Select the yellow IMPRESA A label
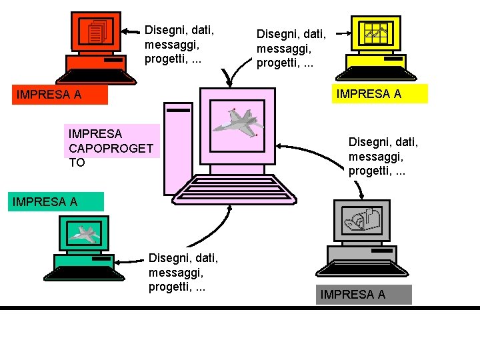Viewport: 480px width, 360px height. pyautogui.click(x=379, y=94)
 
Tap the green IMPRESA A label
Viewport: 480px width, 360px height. pyautogui.click(x=56, y=202)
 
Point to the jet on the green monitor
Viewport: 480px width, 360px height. pyautogui.click(x=85, y=233)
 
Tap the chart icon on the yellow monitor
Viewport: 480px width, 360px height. pyautogui.click(x=376, y=33)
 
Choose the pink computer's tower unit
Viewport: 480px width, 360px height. pyautogui.click(x=177, y=147)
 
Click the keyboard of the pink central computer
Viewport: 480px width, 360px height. pyautogui.click(x=230, y=191)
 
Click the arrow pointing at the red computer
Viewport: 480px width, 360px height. pyautogui.click(x=133, y=30)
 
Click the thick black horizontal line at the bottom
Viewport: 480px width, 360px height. pyautogui.click(x=240, y=308)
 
